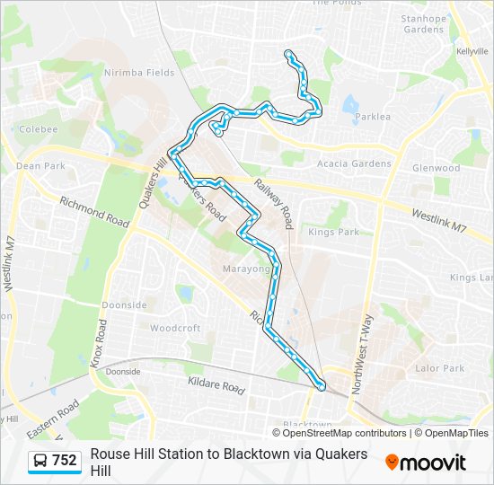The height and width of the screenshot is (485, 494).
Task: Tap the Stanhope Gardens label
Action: click(422, 23)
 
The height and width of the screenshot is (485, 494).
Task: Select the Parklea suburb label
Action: click(373, 117)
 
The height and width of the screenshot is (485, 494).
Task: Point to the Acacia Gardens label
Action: click(355, 163)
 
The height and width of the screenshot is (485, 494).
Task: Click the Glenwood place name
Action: click(436, 168)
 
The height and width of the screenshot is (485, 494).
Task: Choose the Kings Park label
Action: click(333, 232)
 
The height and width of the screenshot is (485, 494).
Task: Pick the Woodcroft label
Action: click(175, 329)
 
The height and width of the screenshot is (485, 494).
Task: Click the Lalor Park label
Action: click(440, 368)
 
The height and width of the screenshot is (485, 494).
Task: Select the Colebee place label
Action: click(38, 129)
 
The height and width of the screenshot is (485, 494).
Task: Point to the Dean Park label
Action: click(40, 166)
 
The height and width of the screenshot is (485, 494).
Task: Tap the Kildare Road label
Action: click(216, 385)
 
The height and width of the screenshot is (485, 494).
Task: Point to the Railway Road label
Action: click(273, 203)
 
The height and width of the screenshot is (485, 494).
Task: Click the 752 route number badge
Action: click(56, 461)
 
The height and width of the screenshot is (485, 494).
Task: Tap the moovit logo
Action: click(426, 463)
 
